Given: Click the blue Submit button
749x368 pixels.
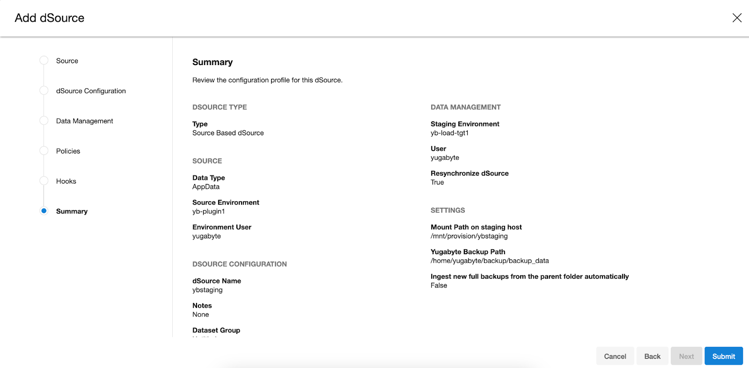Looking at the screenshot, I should [x=723, y=356].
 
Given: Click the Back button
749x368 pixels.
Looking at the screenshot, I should [x=652, y=356].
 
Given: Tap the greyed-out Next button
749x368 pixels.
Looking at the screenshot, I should [x=686, y=356].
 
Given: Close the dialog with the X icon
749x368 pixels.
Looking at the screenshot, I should [x=737, y=18].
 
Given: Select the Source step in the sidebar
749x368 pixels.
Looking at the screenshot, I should [x=67, y=61].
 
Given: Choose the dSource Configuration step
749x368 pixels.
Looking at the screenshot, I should [x=91, y=91].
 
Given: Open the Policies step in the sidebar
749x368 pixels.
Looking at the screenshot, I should [x=68, y=151].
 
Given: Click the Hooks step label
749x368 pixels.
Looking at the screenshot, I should [x=66, y=181].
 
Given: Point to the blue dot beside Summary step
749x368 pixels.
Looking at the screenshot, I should [x=44, y=211].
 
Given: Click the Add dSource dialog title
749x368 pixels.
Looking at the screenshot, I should [x=50, y=18].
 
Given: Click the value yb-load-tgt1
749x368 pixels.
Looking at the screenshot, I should [x=449, y=133].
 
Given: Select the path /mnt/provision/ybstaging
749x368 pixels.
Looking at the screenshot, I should [x=469, y=236].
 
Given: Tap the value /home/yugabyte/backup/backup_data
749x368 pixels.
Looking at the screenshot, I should [x=490, y=261].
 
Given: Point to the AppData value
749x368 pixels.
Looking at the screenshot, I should [x=206, y=187].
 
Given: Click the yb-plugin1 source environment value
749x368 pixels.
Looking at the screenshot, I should [x=208, y=212].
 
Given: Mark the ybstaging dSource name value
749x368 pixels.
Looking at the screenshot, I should [x=207, y=290].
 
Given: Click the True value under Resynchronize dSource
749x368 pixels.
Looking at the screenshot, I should [x=437, y=183].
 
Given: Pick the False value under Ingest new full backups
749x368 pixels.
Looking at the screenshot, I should [x=439, y=286].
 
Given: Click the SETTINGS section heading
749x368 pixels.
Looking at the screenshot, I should [x=448, y=210].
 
